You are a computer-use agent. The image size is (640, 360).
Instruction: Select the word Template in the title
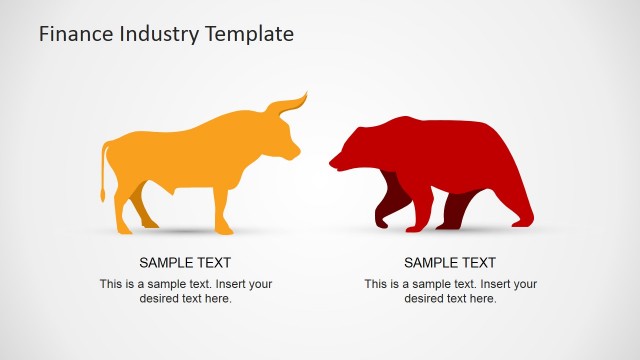pos(249,34)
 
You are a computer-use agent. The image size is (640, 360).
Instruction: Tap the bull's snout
pos(293,153)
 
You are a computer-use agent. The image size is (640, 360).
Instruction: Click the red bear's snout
pos(336,160)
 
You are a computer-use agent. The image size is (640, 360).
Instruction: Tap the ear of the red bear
pos(358,131)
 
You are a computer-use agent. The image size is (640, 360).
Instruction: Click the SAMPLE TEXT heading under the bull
pos(185,263)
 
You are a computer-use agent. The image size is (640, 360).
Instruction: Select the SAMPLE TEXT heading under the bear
pos(450,263)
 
